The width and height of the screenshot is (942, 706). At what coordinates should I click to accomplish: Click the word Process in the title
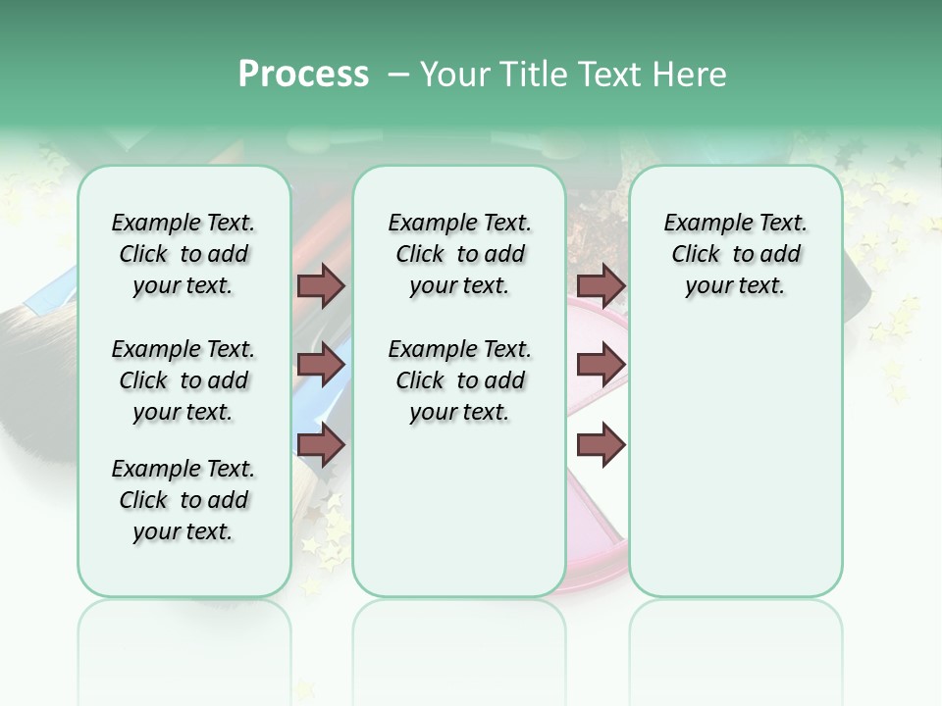(x=303, y=75)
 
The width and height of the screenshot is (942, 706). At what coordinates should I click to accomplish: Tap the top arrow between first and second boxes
(x=321, y=285)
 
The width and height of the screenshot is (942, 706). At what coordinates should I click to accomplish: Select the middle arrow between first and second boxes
(x=321, y=365)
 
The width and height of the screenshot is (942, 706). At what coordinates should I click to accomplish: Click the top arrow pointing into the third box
(x=601, y=285)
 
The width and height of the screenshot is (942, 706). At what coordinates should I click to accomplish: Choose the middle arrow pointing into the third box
(x=601, y=365)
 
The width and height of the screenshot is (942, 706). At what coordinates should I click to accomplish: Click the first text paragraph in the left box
(x=183, y=254)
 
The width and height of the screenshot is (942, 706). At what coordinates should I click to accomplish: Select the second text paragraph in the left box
(x=183, y=380)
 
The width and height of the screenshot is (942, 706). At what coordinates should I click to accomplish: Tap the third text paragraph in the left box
(x=183, y=500)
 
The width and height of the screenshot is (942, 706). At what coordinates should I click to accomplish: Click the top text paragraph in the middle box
(x=459, y=254)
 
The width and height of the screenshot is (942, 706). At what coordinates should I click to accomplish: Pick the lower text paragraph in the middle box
(x=459, y=380)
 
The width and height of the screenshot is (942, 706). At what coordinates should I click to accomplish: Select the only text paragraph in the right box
(x=735, y=254)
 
